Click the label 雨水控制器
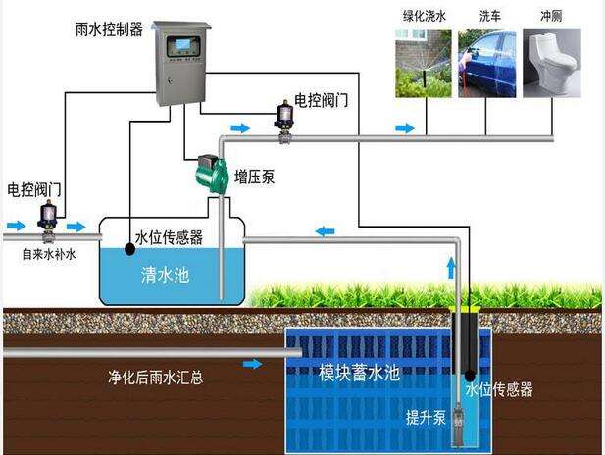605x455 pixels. tap(109, 29)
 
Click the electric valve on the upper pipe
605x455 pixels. tap(286, 117)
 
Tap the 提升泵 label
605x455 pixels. tap(426, 417)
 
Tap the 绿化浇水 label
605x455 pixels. tap(423, 16)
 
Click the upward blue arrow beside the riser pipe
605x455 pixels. tap(450, 267)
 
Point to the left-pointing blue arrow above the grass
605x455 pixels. tap(326, 231)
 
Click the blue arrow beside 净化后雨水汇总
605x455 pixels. tap(252, 364)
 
